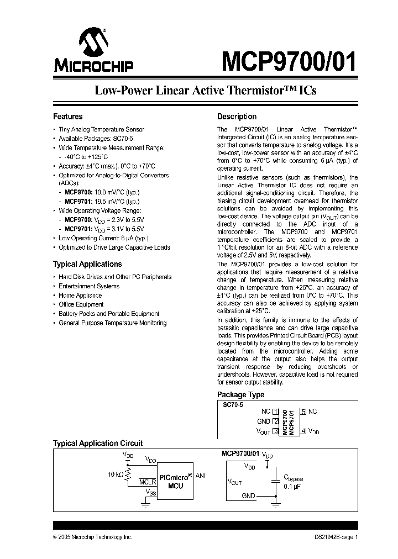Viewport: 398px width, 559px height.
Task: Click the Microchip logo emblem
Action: pos(93,42)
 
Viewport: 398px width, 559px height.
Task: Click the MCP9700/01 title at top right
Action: pos(289,61)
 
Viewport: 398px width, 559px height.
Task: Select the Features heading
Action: pos(67,117)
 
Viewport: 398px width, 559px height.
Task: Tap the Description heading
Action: pos(237,117)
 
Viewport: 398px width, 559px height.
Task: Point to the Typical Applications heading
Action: pos(87,264)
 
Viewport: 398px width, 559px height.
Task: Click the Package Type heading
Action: pos(240,394)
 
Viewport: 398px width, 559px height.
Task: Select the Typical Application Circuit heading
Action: pos(98,443)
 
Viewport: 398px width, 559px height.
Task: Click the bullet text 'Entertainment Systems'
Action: pos(89,286)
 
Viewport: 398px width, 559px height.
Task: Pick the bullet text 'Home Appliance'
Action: pos(80,296)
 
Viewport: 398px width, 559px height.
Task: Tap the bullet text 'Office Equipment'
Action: pos(81,304)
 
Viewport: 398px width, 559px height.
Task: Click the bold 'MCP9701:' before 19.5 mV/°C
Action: pos(78,202)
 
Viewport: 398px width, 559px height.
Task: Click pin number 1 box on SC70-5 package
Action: pos(275,412)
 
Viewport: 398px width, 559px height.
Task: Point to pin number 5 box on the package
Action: pos(303,412)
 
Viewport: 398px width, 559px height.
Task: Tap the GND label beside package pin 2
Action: pos(264,421)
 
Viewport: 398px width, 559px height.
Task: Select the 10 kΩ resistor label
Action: pos(116,474)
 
